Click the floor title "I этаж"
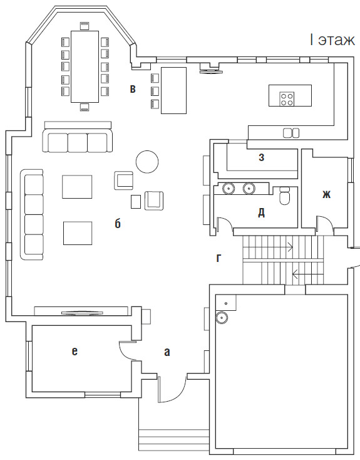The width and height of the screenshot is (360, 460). (x=332, y=40)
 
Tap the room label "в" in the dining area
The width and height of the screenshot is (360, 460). (x=133, y=89)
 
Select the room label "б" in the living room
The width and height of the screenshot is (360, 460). (x=118, y=223)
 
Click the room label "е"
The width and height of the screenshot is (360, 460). (x=75, y=351)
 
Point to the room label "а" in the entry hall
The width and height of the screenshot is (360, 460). (x=167, y=352)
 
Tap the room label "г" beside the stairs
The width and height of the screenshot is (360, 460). (x=219, y=258)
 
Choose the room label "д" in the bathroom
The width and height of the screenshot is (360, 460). (x=261, y=212)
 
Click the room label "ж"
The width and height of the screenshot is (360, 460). (x=326, y=194)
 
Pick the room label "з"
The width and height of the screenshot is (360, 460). (x=262, y=157)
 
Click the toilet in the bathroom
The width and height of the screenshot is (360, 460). (x=285, y=196)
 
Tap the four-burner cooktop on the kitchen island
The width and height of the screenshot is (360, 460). (x=287, y=99)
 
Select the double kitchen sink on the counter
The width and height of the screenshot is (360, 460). (x=291, y=133)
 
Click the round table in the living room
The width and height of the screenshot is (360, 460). (x=147, y=161)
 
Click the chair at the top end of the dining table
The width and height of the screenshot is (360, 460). (x=85, y=25)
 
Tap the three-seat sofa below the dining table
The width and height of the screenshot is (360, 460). (x=78, y=137)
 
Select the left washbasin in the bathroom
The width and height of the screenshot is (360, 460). (x=227, y=188)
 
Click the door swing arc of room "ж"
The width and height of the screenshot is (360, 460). (x=327, y=221)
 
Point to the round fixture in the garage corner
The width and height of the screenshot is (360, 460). (x=222, y=317)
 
